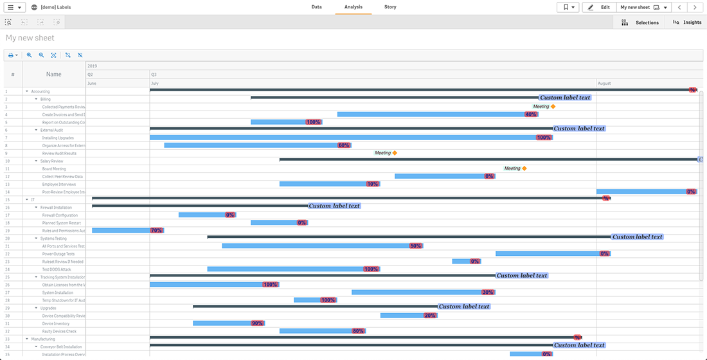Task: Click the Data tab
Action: click(316, 7)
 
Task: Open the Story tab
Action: click(390, 7)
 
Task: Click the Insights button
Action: click(687, 22)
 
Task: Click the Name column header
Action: click(54, 75)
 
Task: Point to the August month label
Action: click(604, 84)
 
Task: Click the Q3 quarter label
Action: click(154, 75)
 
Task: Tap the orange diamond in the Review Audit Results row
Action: click(395, 153)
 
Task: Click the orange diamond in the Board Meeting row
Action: click(524, 168)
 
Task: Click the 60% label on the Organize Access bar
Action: click(344, 145)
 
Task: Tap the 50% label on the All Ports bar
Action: click(416, 246)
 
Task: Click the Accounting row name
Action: click(40, 91)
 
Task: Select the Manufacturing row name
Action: click(43, 339)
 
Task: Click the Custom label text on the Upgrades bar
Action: click(464, 307)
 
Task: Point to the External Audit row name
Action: click(51, 130)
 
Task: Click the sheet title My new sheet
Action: click(30, 38)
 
